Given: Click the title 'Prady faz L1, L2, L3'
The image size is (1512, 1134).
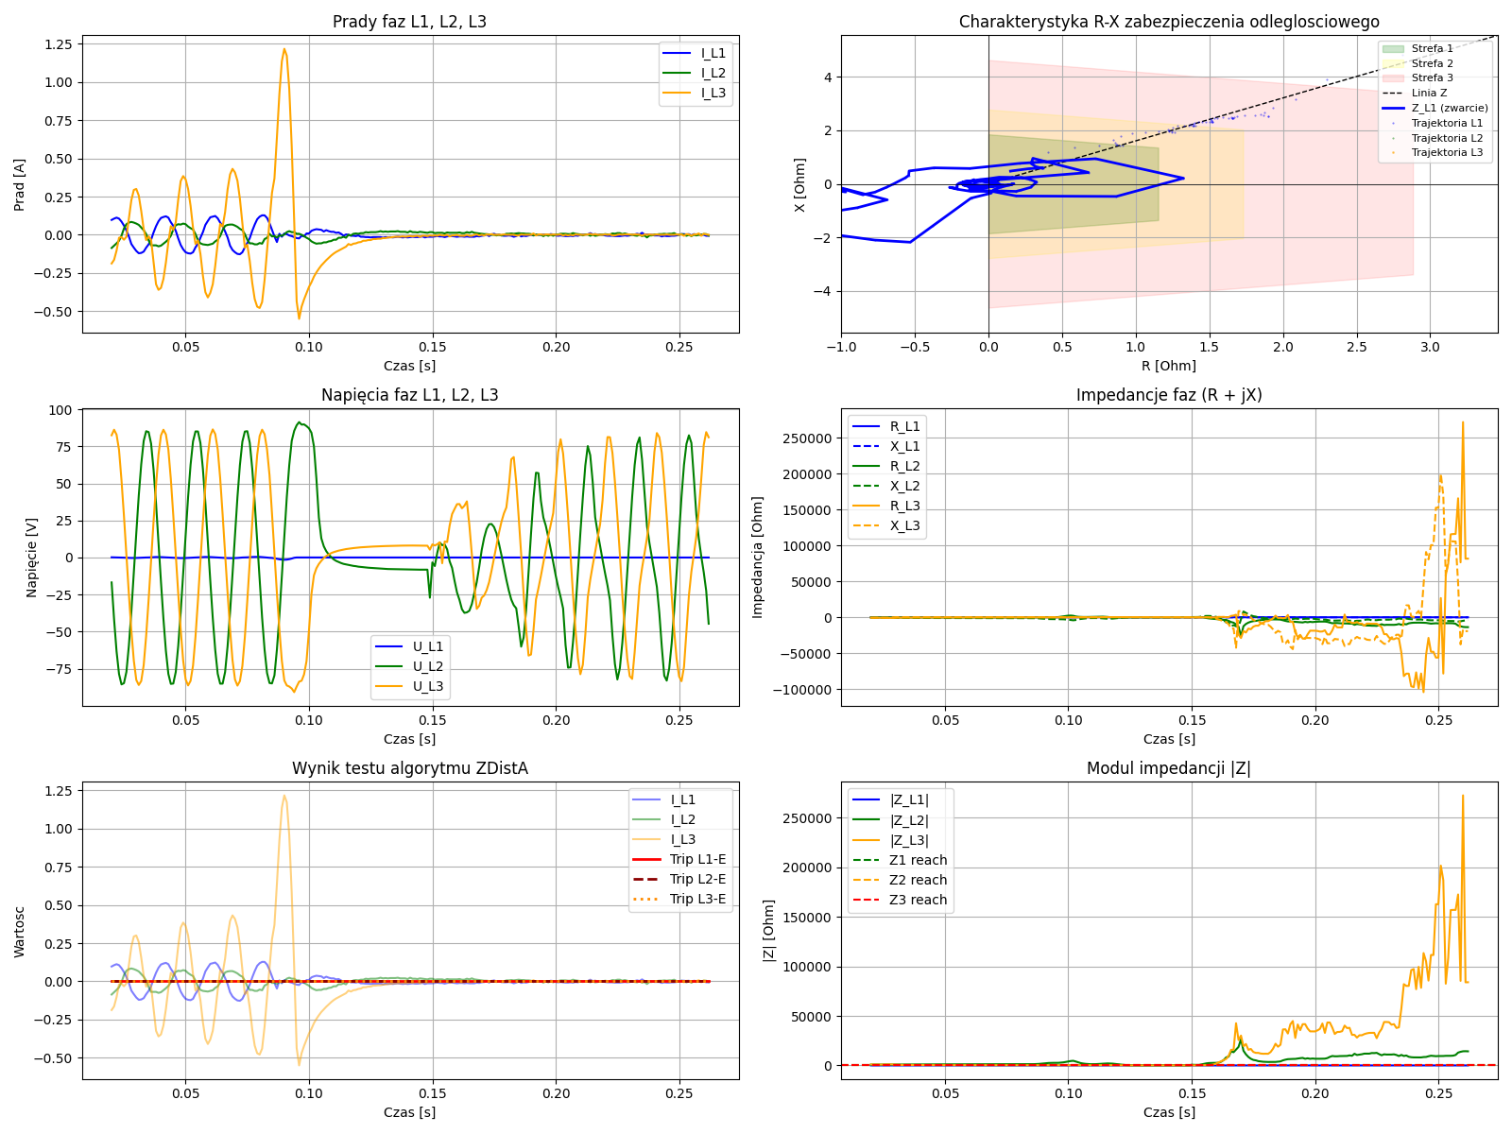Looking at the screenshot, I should point(409,22).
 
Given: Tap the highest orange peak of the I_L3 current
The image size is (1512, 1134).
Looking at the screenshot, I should point(283,50).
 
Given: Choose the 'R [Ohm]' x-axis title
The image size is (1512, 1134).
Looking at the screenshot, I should point(1168,366).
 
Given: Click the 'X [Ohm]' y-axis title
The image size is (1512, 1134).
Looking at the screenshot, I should point(800,184).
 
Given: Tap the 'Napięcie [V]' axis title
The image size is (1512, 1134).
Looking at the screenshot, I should point(32,558).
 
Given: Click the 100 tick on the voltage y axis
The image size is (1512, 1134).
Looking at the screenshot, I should point(60,410).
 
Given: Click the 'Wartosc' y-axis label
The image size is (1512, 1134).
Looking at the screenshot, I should point(20,931).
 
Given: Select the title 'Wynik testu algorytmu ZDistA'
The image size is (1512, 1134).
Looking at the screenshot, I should point(409,768).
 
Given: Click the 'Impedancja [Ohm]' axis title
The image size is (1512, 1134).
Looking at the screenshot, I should point(758,558).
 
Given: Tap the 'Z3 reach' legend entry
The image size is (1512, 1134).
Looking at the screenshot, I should point(918,901).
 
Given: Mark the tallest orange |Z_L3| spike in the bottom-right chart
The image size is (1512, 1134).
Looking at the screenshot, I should point(1463,796).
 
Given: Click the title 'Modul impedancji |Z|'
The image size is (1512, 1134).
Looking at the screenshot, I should point(1168,768).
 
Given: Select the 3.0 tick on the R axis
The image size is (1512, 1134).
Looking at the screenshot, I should point(1430,347).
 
